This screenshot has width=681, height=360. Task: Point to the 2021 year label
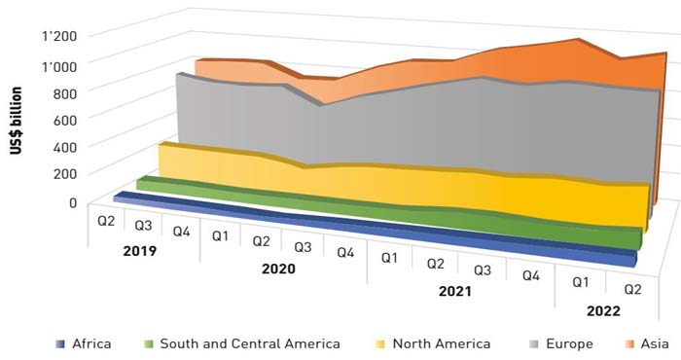click(453, 291)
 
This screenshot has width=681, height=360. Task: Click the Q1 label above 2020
click(221, 235)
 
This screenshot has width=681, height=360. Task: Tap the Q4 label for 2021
click(531, 275)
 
